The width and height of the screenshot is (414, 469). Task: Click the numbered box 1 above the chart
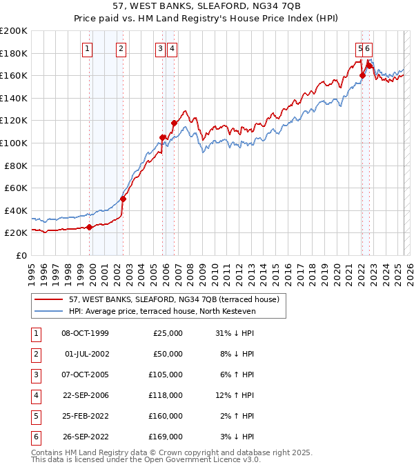point(88,48)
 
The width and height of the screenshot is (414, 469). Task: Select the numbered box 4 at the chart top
point(172,48)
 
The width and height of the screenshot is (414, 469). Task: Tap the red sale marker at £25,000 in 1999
point(89,228)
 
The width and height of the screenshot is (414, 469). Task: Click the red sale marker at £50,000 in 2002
point(123,199)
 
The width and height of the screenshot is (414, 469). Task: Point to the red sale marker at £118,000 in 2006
point(174,123)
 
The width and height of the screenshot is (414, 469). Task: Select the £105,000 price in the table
point(165,375)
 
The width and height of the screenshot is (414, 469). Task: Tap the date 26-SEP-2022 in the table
point(85,437)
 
